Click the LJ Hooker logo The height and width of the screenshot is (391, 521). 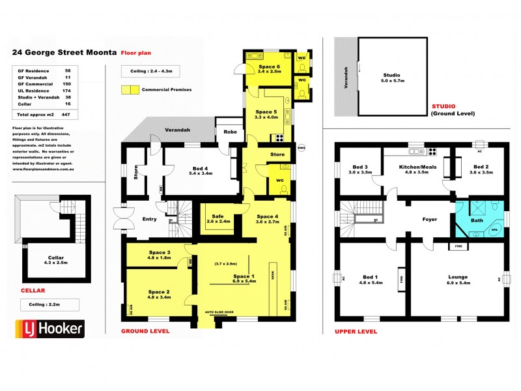point(49,328)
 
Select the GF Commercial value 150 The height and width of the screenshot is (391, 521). point(67,84)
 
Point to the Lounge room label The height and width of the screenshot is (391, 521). point(458,277)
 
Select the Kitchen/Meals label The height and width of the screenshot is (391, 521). point(417,169)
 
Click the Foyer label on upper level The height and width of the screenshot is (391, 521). point(429,220)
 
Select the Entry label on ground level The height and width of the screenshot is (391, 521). point(149,219)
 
